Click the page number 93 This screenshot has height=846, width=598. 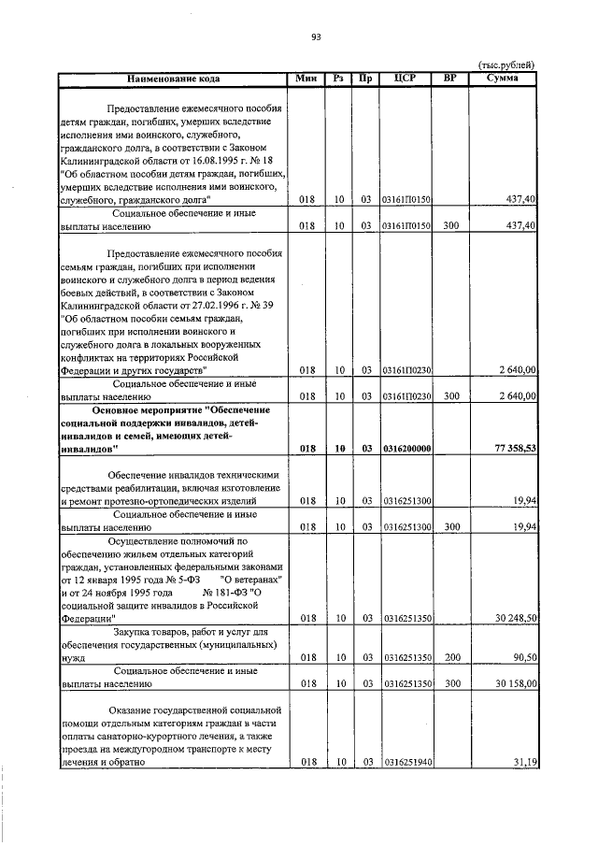[316, 37]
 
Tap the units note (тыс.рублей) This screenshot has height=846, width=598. [505, 65]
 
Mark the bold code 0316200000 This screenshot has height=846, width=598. [406, 449]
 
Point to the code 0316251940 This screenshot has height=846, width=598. [406, 763]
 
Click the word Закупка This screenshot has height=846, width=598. [134, 632]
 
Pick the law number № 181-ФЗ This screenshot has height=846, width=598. [228, 593]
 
